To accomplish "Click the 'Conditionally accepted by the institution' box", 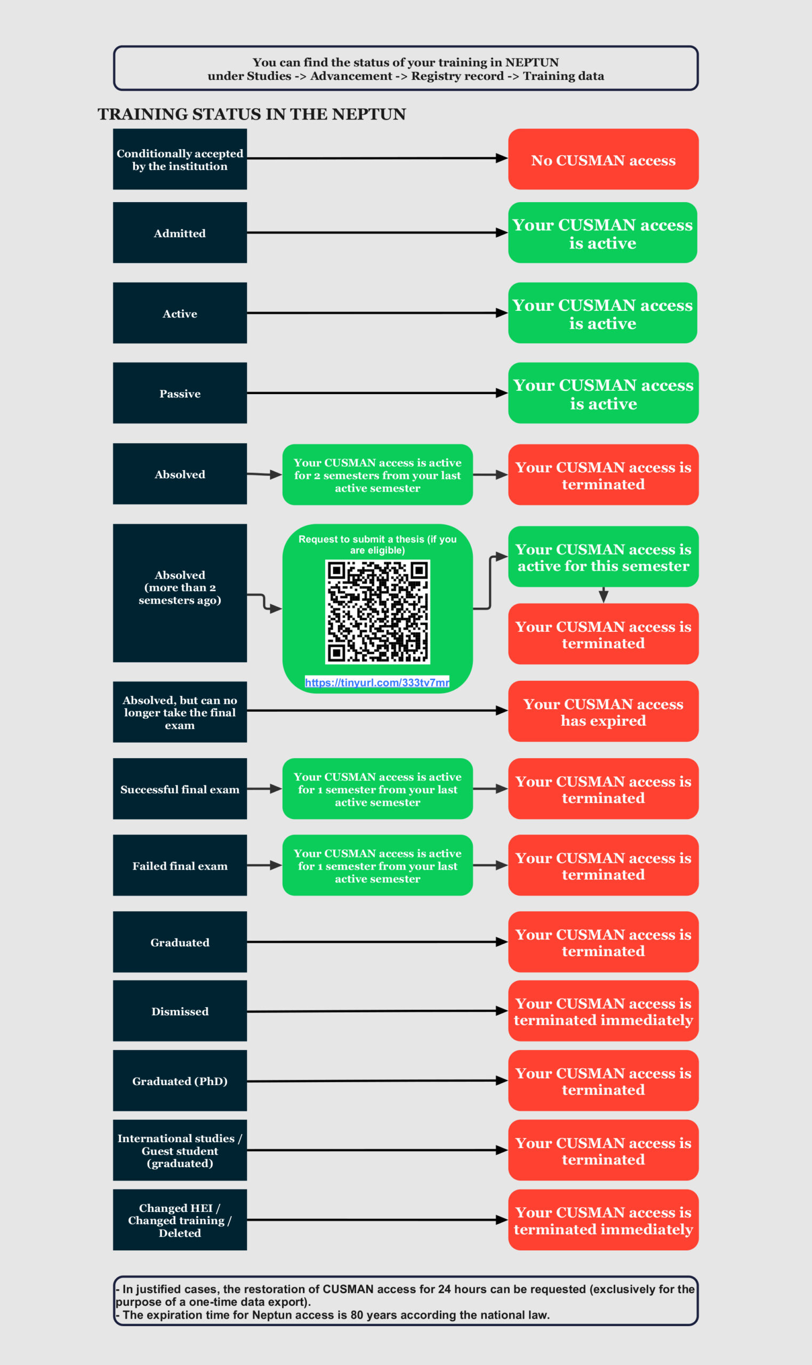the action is pyautogui.click(x=180, y=159).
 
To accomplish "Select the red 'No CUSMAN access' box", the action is pyautogui.click(x=603, y=159).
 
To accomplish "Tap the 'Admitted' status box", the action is pyautogui.click(x=180, y=232).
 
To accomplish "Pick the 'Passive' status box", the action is pyautogui.click(x=180, y=393).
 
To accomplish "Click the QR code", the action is pyautogui.click(x=377, y=612).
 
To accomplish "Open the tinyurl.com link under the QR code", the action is pyautogui.click(x=377, y=682).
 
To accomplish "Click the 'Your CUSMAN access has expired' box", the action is pyautogui.click(x=603, y=711).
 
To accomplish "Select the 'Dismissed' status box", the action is pyautogui.click(x=180, y=1011).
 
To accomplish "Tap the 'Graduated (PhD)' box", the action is pyautogui.click(x=180, y=1080).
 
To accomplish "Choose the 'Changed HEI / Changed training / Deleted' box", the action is pyautogui.click(x=180, y=1220).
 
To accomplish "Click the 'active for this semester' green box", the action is pyautogui.click(x=603, y=557).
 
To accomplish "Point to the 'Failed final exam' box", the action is pyautogui.click(x=180, y=865).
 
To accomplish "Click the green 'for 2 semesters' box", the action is pyautogui.click(x=377, y=475).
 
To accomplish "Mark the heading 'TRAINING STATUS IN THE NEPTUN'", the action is pyautogui.click(x=252, y=114).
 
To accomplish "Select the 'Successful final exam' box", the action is pyautogui.click(x=180, y=789).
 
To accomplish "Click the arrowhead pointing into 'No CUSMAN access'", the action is pyautogui.click(x=502, y=158).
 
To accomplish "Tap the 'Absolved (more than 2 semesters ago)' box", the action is pyautogui.click(x=180, y=593).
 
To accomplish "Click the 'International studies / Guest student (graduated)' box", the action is pyautogui.click(x=180, y=1150).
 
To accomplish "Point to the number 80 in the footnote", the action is pyautogui.click(x=357, y=1315).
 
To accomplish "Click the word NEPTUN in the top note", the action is pyautogui.click(x=532, y=62).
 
